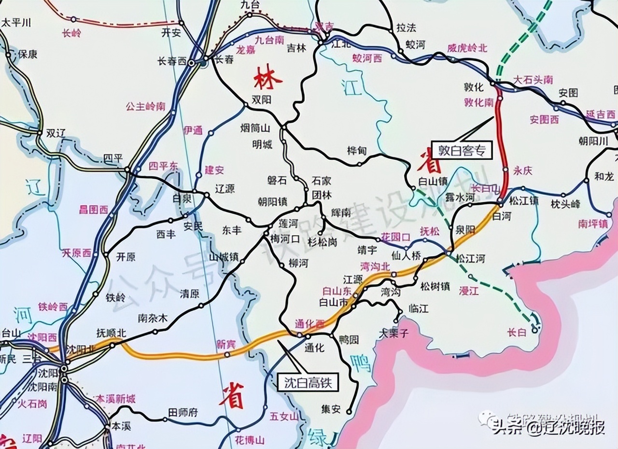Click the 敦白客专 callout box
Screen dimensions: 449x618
click(461, 150)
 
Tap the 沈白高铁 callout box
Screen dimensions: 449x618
click(308, 383)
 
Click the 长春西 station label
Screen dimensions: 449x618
click(172, 61)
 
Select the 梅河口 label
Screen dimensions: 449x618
click(285, 239)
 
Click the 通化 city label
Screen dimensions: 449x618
click(314, 347)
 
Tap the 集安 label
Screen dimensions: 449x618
click(331, 409)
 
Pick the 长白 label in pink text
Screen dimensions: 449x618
click(516, 332)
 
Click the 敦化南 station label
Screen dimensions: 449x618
click(478, 102)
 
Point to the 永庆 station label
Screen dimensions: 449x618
click(522, 170)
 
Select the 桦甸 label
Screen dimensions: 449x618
click(357, 151)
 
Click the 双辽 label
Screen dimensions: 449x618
click(55, 133)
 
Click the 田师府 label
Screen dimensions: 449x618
click(183, 412)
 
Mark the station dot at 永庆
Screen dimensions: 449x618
click(505, 170)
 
